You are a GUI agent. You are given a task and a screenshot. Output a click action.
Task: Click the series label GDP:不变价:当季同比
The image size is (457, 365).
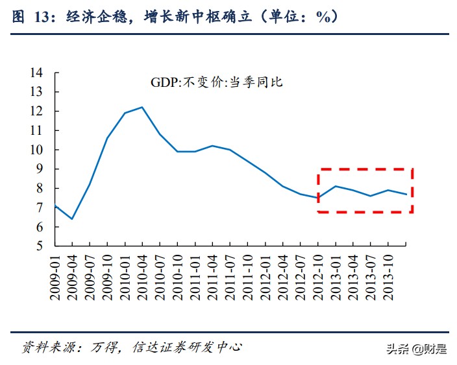pos(217,83)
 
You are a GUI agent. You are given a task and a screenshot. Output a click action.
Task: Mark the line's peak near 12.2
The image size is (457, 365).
pos(142,107)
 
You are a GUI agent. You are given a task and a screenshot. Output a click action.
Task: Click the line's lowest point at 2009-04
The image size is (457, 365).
pos(72,219)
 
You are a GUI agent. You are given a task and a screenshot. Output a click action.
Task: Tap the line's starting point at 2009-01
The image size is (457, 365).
pos(55,206)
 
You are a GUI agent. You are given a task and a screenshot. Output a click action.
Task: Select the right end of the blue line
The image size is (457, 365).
pos(406,194)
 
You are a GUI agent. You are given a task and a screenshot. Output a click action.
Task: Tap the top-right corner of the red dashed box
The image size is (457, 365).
pos(413,170)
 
